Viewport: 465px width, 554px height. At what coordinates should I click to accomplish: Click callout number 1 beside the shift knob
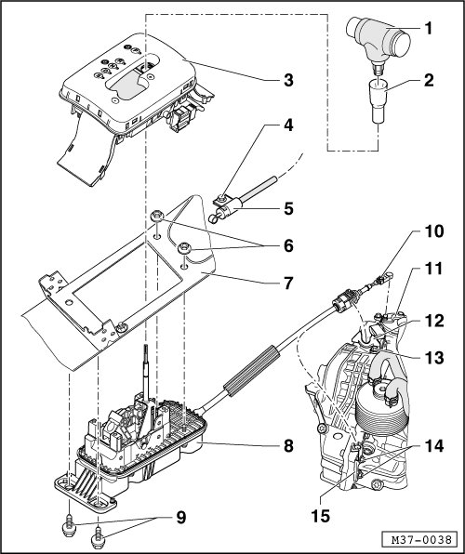coord(428,28)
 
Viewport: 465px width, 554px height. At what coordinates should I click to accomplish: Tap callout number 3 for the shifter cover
coord(288,81)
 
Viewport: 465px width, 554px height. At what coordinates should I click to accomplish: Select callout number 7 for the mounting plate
coord(288,283)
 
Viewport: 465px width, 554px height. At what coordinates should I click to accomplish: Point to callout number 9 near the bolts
coord(180,518)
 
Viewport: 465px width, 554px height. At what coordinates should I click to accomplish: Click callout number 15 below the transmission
coord(320,516)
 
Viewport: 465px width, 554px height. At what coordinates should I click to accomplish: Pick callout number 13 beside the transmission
coord(434,358)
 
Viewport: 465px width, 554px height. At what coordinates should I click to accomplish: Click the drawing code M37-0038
coord(421,539)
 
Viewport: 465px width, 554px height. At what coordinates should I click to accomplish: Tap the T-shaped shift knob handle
coord(379,39)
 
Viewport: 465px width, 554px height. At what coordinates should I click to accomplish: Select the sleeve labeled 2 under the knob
coord(378,101)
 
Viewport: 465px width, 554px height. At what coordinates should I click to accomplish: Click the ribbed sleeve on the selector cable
coord(251,371)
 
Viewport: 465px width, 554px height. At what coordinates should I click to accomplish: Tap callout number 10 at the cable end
coord(434,231)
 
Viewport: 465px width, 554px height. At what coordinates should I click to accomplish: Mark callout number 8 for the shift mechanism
coord(288,446)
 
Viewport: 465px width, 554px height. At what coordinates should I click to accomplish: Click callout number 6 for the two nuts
coord(288,245)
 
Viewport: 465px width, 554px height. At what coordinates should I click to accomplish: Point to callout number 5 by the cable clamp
coord(288,208)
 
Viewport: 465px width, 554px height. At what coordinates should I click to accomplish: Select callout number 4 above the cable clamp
coord(288,125)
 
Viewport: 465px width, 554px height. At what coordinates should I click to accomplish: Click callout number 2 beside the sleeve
coord(428,81)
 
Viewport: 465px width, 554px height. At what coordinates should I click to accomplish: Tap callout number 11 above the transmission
coord(433,269)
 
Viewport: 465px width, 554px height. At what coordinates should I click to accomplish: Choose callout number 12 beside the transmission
coord(434,321)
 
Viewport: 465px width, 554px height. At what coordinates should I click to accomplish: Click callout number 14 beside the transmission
coord(434,446)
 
